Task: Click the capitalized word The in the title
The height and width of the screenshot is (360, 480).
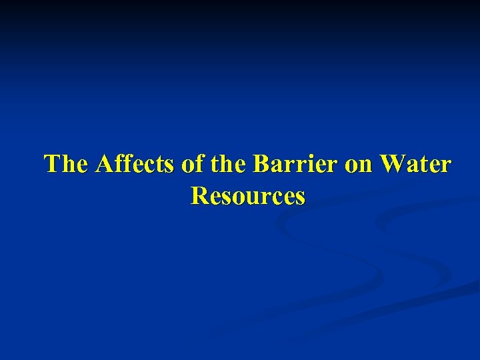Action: coord(67,164)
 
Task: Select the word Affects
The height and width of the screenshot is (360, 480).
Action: coord(135,164)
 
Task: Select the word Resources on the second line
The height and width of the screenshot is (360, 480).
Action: coord(248,196)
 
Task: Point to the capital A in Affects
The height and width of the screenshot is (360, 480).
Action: coord(104,164)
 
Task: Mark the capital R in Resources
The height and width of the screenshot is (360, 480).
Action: coord(198,196)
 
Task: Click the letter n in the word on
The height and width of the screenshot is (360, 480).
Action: coord(367,165)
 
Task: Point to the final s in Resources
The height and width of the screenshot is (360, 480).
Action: coord(300,197)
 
